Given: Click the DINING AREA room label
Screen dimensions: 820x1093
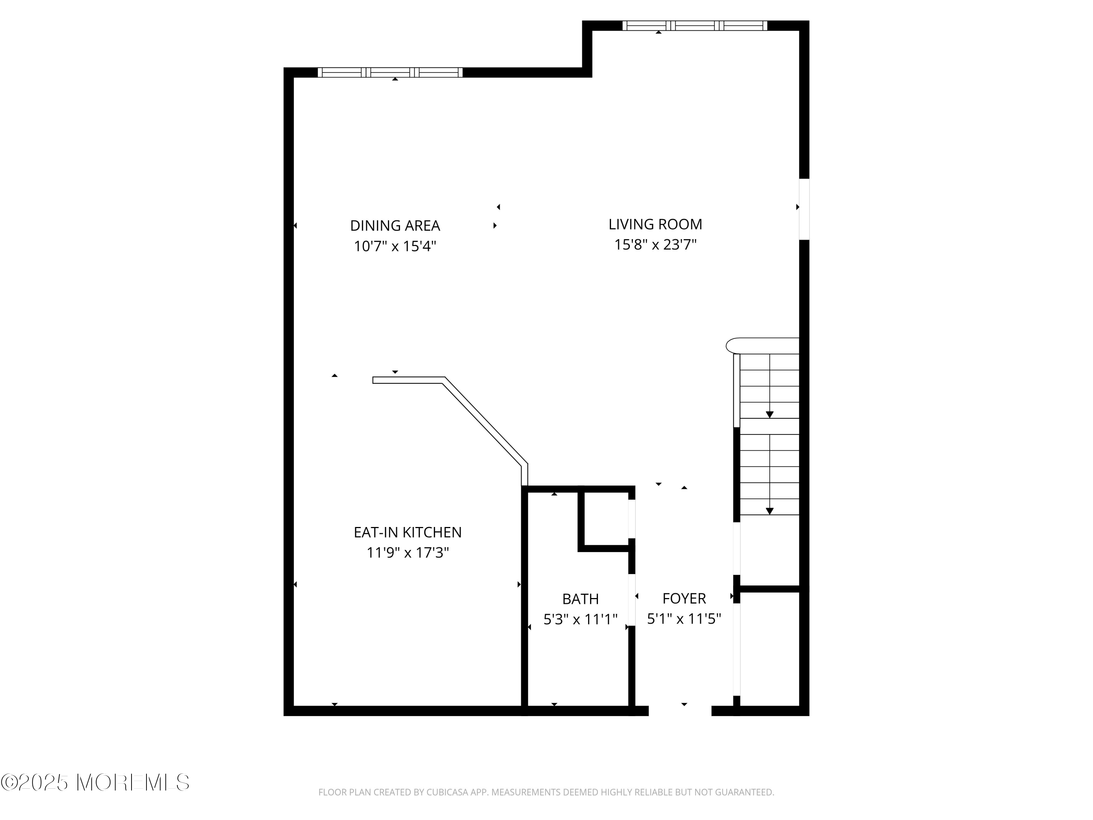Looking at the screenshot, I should coord(395,226).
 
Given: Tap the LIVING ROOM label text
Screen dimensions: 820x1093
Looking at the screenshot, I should coord(655,224).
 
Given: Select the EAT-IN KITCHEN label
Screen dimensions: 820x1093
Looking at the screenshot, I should coord(407,532).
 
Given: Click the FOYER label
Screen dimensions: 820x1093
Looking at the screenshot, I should coord(684,598).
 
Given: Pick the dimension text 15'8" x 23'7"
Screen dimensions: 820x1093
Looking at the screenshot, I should coord(655,245).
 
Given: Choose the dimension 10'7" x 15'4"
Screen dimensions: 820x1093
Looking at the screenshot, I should coord(395,246).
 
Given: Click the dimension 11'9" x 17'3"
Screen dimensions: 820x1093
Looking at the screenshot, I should coord(407,552).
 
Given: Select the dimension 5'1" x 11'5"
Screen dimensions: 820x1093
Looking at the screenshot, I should coord(684,619).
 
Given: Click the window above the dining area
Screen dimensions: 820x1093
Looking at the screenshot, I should coord(390,73).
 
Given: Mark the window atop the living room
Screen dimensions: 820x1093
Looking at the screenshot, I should coord(694,26).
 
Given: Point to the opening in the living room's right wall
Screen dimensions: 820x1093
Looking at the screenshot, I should coord(804,209).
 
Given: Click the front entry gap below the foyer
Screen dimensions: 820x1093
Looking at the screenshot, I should coord(679,711).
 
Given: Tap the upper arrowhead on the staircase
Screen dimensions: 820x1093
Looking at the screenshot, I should coord(769,415).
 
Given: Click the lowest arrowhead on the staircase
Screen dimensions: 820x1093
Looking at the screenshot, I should coord(769,511).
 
